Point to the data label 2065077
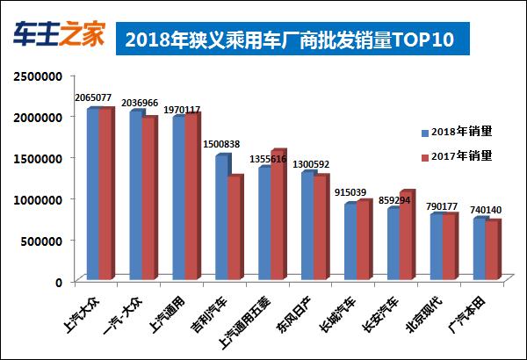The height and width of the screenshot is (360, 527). tap(95, 98)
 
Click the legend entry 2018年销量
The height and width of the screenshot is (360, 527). tap(460, 133)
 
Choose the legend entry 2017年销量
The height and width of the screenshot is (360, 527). tap(460, 156)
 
